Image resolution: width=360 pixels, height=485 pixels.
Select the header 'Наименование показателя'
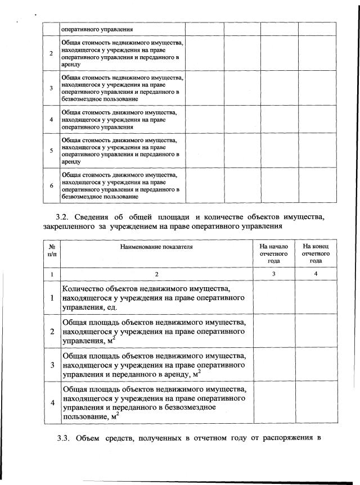(x=157, y=246)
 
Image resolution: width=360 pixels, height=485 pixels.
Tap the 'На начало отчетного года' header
(x=273, y=253)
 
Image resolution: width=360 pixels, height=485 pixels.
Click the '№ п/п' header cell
(x=51, y=250)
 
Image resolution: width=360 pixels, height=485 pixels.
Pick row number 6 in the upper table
(x=51, y=185)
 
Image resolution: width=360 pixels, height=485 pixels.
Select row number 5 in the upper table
(x=51, y=151)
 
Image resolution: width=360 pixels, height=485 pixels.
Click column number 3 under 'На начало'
(x=273, y=274)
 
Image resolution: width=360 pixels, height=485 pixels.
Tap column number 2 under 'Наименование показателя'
(x=157, y=274)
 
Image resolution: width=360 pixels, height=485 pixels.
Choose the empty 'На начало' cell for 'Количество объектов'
(x=273, y=298)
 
